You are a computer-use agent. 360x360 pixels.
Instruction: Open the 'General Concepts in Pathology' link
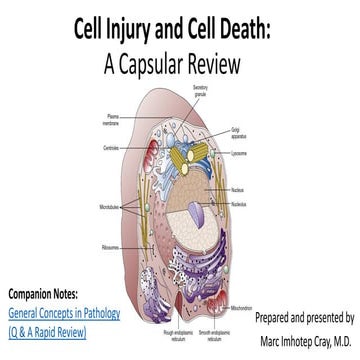coord(65,314)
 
